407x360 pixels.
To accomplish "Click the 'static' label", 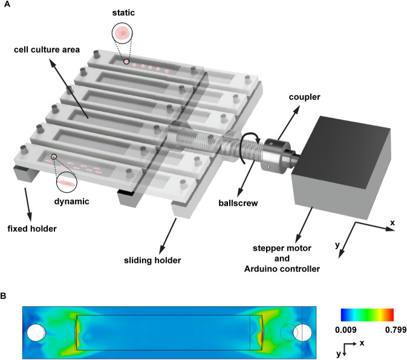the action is (x=123, y=13).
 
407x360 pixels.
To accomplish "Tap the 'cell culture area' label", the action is (x=47, y=50).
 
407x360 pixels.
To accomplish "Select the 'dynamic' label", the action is (x=71, y=201).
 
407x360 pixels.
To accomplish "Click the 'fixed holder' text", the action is (x=32, y=228).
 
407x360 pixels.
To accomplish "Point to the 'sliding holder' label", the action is (x=152, y=260).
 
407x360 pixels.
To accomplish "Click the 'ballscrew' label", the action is (x=238, y=203).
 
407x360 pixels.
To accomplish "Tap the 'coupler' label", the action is (x=304, y=97).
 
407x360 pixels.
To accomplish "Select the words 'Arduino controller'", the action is (x=282, y=269).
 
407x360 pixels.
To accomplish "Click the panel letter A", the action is (x=7, y=4).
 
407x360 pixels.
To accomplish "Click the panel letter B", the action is (x=4, y=296).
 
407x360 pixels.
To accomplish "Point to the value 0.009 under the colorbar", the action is (x=346, y=330).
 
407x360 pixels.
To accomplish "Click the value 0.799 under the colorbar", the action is (x=396, y=330).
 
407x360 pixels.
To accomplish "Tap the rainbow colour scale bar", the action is (x=367, y=315).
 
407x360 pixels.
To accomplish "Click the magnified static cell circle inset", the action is (x=122, y=33).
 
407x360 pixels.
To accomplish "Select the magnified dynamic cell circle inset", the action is (x=67, y=182).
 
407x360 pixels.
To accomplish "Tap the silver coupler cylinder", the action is (x=275, y=155).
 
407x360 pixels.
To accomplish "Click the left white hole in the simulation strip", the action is (x=36, y=332).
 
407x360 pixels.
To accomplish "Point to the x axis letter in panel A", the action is (x=392, y=222).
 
